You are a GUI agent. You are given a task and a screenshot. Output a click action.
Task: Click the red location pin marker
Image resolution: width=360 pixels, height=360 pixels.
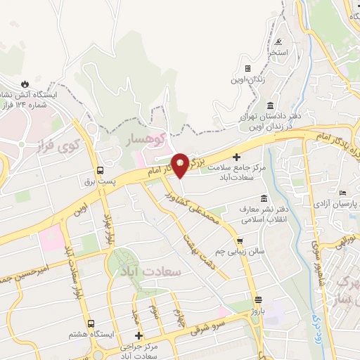pos(181,165)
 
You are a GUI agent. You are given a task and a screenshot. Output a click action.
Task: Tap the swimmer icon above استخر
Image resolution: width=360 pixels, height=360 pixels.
pos(279,41)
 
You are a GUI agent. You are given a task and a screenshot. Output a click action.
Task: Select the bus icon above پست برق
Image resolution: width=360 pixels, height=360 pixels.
pos(100,170)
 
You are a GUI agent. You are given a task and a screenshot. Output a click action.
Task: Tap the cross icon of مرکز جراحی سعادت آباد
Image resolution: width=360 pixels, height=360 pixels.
pos(139,335)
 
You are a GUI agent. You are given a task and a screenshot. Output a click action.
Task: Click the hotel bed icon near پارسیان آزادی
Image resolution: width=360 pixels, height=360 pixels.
pos(342,193)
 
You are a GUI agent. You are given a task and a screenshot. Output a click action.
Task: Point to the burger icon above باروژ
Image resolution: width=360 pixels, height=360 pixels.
pos(258,299)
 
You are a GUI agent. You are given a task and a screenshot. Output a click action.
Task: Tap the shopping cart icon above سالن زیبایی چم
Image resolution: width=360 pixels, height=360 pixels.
pos(240,240)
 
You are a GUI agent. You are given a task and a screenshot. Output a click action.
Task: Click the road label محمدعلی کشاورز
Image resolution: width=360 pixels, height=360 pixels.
pos(203,211)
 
